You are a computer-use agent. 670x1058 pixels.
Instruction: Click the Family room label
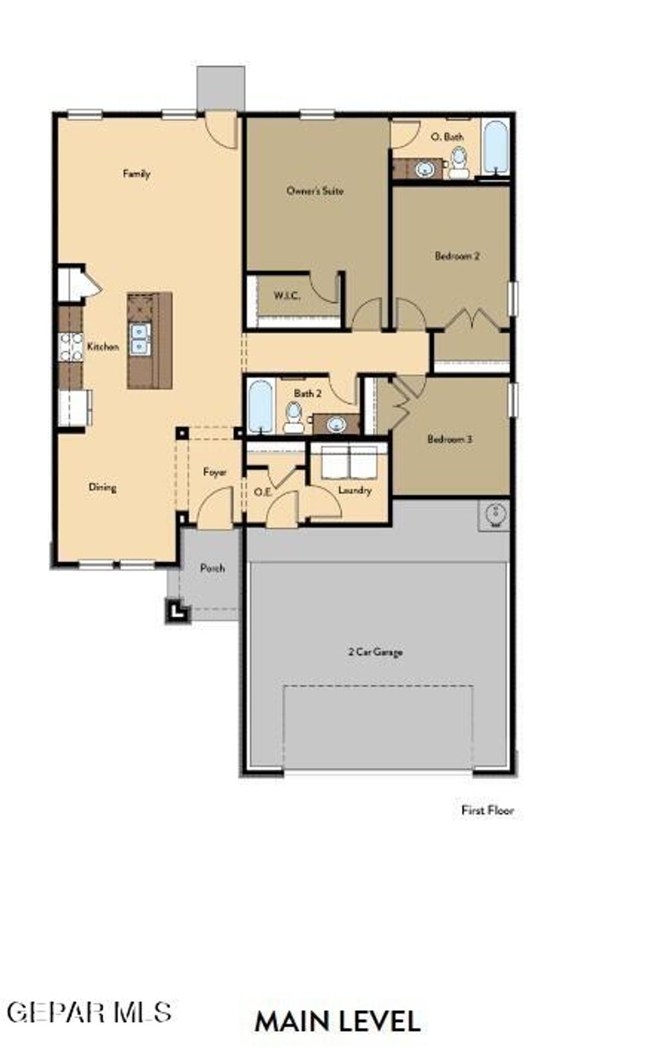pos(137,173)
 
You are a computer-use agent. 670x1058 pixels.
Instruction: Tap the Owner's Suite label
pos(315,191)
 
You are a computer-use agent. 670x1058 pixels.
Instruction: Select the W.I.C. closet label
pos(287,296)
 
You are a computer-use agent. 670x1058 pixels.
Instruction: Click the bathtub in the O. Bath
pos(495,147)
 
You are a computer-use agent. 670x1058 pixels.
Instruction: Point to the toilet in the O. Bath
pos(459,162)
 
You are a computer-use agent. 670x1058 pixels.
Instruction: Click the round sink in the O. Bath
pos(425,169)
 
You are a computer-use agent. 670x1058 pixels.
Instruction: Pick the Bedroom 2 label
pos(457,256)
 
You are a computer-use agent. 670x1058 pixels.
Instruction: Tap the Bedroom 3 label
pos(450,439)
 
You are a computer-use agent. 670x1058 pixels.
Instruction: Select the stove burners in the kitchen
pos(71,347)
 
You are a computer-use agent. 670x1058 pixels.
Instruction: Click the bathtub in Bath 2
pos(261,407)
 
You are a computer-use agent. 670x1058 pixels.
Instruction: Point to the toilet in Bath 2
pos(294,417)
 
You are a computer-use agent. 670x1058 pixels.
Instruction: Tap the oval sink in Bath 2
pos(336,424)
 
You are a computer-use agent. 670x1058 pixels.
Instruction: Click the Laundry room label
pos(355,490)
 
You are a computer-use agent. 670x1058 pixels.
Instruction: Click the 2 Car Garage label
pos(375,652)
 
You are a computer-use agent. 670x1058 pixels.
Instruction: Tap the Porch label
pos(212,568)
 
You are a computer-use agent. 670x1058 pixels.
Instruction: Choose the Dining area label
pos(103,487)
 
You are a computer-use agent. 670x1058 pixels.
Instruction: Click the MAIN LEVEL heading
pos(337,1021)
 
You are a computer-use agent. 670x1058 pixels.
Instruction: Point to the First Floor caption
pos(487,810)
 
